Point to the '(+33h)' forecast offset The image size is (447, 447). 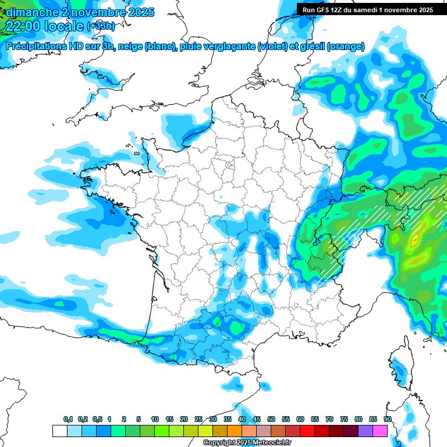coord(101,26)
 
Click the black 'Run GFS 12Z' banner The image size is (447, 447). coord(372,9)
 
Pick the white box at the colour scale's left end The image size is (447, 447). coord(59,431)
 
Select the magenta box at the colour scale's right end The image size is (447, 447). coord(380,431)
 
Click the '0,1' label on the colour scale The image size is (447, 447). coord(68,420)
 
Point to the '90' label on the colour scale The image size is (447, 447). coord(387,420)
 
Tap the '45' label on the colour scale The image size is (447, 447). coord(257,420)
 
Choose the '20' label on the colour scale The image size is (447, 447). coord(184,420)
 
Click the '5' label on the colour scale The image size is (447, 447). coord(139,420)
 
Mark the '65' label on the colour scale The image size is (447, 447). coord(315,420)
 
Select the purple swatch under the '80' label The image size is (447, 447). coord(366,431)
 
